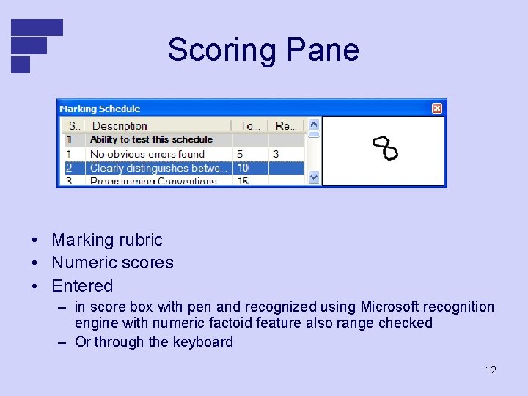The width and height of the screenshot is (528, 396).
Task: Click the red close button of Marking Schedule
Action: click(437, 109)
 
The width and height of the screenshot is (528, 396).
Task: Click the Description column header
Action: click(120, 126)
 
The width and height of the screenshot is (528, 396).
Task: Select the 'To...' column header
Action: click(250, 126)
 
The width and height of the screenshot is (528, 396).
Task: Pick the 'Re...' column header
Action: click(286, 126)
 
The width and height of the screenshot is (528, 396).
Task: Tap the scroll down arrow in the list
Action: click(314, 177)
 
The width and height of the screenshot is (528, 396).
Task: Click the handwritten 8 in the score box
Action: click(385, 148)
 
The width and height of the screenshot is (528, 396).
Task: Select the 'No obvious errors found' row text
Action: click(147, 154)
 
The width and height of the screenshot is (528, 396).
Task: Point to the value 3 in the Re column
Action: click(276, 154)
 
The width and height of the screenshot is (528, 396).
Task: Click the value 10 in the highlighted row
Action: click(242, 168)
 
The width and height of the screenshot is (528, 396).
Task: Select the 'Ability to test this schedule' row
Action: click(151, 139)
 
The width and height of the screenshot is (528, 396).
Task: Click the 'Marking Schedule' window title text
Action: click(100, 109)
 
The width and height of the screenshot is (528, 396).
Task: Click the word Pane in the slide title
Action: click(323, 50)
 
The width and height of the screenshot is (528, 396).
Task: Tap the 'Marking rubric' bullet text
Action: click(107, 240)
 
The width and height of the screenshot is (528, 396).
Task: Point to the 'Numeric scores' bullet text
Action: click(112, 263)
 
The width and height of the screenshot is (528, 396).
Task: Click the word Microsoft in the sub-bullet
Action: click(391, 307)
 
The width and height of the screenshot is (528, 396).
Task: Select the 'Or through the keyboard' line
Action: click(154, 342)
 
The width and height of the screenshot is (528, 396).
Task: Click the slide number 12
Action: click(491, 370)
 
